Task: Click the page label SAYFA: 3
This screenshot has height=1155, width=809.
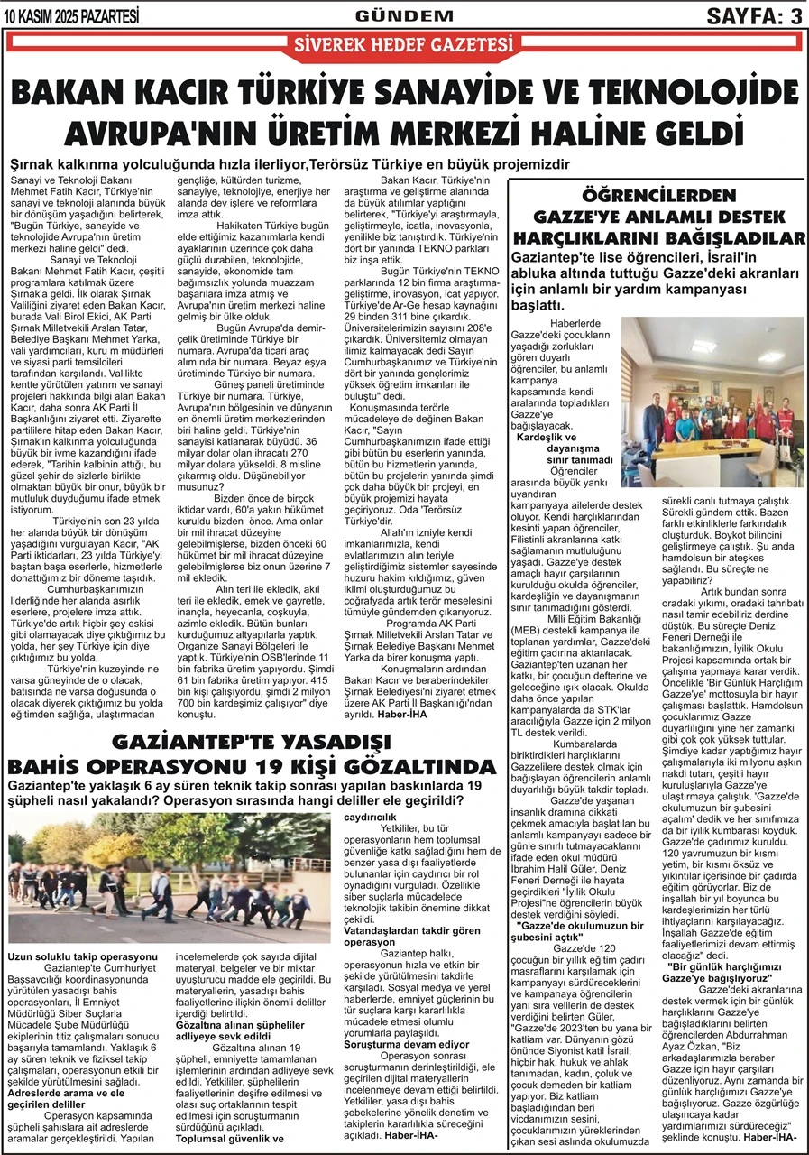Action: (754, 15)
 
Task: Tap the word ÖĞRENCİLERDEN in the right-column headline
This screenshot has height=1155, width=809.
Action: (659, 195)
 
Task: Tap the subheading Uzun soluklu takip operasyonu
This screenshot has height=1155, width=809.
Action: (83, 956)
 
